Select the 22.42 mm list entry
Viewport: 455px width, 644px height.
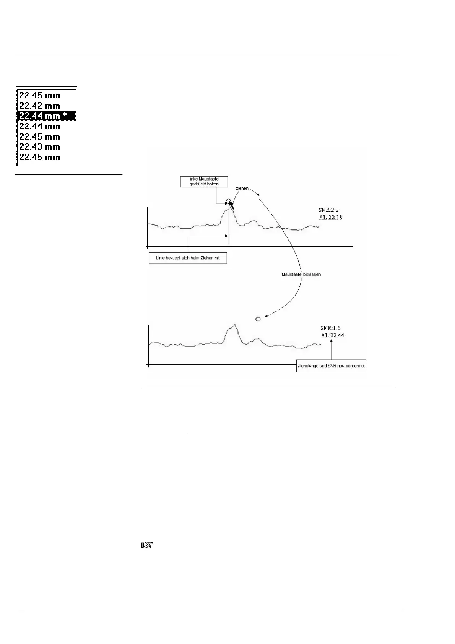(40, 106)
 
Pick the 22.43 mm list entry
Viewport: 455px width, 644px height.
(40, 147)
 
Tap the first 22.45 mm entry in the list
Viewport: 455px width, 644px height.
(40, 95)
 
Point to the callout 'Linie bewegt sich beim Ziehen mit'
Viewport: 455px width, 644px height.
(188, 258)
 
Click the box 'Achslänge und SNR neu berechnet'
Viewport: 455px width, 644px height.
(331, 366)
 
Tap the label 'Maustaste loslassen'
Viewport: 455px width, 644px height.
(301, 275)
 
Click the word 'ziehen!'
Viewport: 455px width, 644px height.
(242, 189)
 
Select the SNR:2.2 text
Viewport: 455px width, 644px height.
(328, 210)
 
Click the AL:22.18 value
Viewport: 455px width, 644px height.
(330, 217)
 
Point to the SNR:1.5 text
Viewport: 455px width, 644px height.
(330, 328)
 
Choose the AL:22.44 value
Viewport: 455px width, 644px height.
(332, 335)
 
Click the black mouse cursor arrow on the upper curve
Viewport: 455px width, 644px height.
(231, 204)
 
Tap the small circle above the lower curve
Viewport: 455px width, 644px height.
(258, 319)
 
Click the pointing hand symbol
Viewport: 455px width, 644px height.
(148, 546)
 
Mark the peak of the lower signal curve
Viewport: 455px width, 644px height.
(235, 325)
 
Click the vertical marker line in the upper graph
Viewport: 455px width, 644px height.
(229, 229)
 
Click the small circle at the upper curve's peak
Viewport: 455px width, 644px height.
(228, 201)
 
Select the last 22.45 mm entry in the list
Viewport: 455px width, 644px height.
(40, 157)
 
